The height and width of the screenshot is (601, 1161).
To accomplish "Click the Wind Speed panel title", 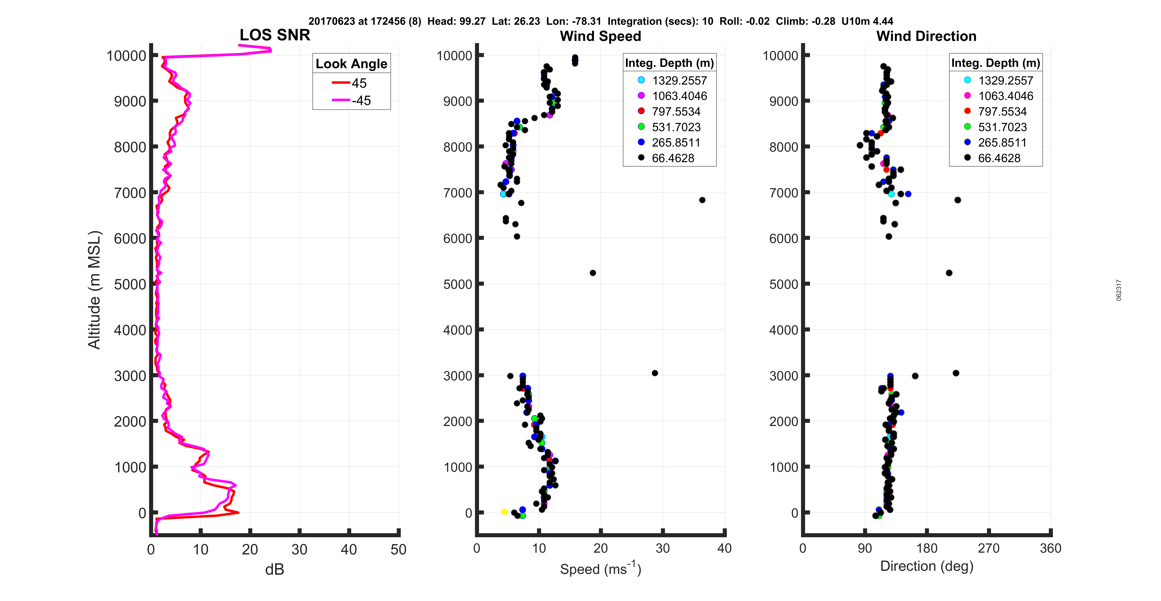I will point(600,36).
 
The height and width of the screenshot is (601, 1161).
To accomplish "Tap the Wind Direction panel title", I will point(926,36).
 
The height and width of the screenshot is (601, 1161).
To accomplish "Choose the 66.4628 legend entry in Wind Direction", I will point(998,158).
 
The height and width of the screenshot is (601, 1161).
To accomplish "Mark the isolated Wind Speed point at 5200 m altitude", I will point(593,273).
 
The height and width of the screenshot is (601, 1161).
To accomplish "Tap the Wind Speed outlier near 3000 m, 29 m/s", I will point(655,373).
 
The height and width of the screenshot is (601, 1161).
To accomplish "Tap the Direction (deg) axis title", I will point(927,566).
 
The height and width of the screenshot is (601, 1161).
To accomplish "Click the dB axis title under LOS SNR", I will point(275,569).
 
